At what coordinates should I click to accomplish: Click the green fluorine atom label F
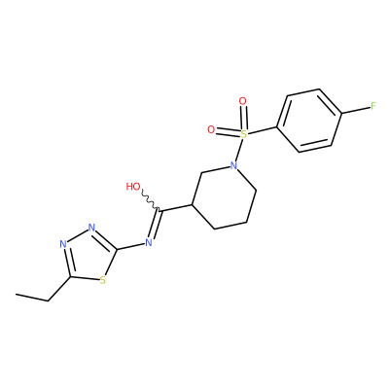[373, 106]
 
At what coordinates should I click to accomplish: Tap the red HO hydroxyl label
[133, 187]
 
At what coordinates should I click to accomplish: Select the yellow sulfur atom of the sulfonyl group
[244, 134]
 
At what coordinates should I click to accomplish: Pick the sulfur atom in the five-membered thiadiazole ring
[103, 280]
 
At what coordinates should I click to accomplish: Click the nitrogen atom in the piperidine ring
[233, 165]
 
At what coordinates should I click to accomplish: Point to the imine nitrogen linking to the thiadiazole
[149, 242]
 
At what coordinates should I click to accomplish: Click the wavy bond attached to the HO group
[151, 201]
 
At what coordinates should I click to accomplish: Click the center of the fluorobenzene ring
[309, 121]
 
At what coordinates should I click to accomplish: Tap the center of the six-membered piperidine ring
[225, 196]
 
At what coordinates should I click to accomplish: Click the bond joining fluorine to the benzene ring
[356, 110]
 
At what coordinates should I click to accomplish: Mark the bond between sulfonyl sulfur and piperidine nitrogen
[238, 150]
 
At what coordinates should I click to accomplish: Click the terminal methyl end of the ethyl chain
[16, 295]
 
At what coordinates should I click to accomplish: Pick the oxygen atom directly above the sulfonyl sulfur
[242, 101]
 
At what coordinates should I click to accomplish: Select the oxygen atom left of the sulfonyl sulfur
[211, 130]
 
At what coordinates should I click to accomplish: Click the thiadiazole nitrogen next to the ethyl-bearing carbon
[63, 244]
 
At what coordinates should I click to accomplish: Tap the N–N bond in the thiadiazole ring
[78, 235]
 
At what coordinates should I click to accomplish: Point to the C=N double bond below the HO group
[155, 225]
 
